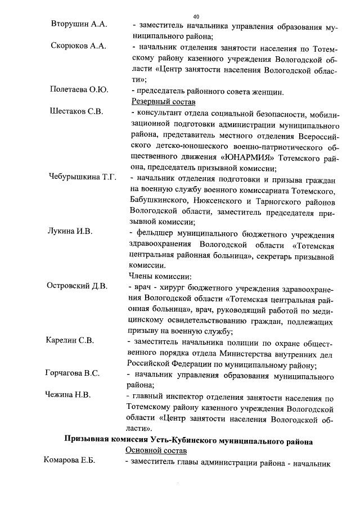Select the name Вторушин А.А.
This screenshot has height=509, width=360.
pos(78,26)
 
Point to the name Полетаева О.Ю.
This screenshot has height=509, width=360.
pos(79,90)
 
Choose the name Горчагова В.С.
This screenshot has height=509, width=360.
pos(73,373)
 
